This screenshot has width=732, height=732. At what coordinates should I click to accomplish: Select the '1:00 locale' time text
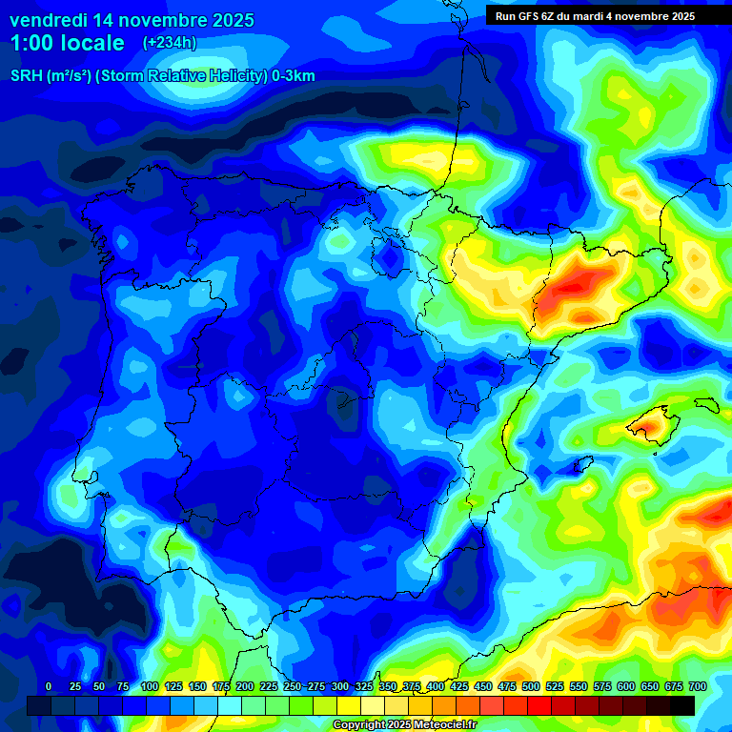pyautogui.click(x=68, y=43)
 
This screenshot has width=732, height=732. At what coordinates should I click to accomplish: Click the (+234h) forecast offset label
pyautogui.click(x=170, y=43)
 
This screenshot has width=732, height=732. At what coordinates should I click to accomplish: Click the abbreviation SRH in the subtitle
pyautogui.click(x=26, y=76)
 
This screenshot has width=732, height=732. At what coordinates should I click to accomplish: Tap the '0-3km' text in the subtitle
pyautogui.click(x=294, y=76)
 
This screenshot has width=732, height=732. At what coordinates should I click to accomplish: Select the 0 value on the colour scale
pyautogui.click(x=49, y=686)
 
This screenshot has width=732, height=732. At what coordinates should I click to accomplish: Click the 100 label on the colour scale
pyautogui.click(x=149, y=686)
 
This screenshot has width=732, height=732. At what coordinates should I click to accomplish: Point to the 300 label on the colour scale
pyautogui.click(x=339, y=686)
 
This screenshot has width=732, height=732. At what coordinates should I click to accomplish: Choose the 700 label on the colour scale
pyautogui.click(x=697, y=686)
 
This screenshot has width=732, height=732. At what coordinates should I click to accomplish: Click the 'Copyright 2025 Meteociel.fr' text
pyautogui.click(x=404, y=725)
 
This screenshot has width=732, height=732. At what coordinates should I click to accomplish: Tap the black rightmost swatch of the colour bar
pyautogui.click(x=682, y=705)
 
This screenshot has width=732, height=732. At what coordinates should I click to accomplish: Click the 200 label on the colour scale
pyautogui.click(x=244, y=686)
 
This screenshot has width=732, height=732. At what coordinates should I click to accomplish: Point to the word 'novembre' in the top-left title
pyautogui.click(x=152, y=20)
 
